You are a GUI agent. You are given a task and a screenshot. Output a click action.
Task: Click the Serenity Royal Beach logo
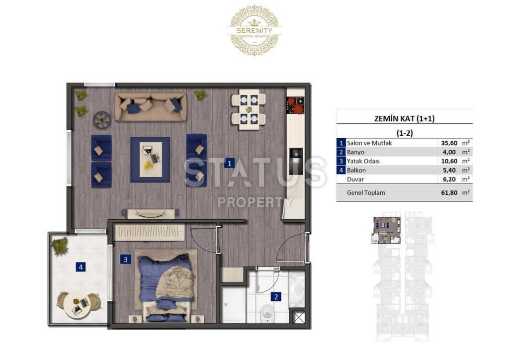point(254,30)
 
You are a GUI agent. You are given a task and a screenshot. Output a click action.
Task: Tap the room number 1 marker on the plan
point(230,163)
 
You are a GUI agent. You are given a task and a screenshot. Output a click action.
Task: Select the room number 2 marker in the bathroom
point(276,296)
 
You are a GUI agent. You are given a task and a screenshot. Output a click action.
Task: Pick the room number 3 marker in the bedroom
point(125,259)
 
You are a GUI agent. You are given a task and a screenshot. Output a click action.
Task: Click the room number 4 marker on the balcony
point(81,267)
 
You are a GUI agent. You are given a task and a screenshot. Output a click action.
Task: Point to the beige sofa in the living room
point(151,107)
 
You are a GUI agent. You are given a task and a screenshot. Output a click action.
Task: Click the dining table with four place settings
point(249,109)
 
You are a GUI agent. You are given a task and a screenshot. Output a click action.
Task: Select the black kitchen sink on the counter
point(296,161)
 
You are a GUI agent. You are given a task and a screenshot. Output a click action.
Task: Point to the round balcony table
point(77,305)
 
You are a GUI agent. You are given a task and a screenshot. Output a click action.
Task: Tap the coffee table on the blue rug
point(151,160)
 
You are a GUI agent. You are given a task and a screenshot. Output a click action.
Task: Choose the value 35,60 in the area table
point(449,143)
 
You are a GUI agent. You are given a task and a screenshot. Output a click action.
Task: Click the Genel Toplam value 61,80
point(449,192)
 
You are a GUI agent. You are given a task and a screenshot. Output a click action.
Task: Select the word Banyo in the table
point(355,152)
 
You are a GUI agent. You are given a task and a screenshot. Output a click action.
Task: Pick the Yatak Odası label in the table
point(363,161)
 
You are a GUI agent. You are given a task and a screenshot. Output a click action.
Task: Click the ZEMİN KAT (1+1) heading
point(404,118)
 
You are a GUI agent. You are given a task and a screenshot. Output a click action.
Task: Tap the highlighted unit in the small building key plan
point(386,230)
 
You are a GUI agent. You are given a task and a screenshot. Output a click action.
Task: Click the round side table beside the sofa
point(102,120)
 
